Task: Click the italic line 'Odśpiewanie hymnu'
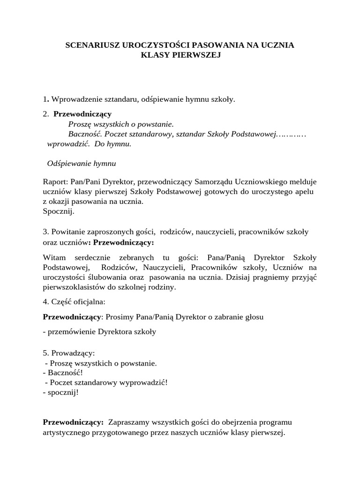point(82,164)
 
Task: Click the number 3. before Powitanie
point(46,232)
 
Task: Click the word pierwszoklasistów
point(75,287)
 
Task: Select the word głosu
point(253,317)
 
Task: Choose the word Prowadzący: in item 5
point(73,352)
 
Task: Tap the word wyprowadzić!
point(145,382)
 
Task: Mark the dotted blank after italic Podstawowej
point(291,135)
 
